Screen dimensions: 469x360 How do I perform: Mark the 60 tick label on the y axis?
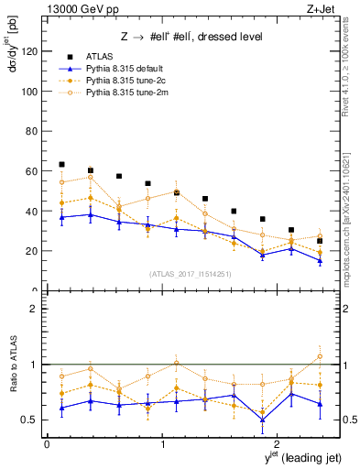(32, 171)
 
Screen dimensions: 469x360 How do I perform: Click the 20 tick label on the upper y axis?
(32, 251)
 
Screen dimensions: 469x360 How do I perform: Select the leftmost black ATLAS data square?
(61, 164)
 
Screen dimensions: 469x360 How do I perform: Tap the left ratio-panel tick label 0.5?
(31, 420)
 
